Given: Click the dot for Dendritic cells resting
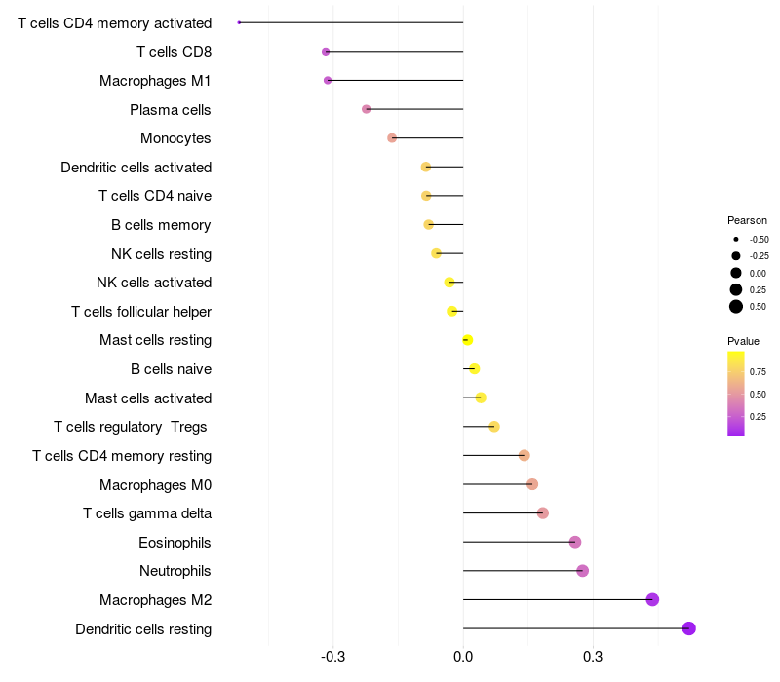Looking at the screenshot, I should point(689,628).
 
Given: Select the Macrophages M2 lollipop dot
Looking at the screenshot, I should point(652,599).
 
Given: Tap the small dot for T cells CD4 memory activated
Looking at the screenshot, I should point(239,22).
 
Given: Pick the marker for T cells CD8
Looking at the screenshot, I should point(326,52).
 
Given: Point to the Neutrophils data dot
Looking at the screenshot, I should point(582,571).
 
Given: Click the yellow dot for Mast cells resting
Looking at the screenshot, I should point(467,340).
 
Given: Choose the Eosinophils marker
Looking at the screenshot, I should point(575,542).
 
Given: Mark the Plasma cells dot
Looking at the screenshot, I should point(367,109).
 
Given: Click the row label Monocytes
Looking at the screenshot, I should point(175,138).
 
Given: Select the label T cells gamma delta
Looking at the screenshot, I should point(147,513).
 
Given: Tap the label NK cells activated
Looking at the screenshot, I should point(154,283).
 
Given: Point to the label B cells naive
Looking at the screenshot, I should point(171,369).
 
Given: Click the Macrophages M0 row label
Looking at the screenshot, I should point(155,484).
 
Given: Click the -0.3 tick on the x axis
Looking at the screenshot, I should point(333,656).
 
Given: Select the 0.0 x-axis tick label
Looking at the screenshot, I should point(463,656).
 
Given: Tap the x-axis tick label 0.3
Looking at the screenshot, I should point(593,656).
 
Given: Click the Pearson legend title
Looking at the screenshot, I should point(747,220).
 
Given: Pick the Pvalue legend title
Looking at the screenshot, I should point(743,341).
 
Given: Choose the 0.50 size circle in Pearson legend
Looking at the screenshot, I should point(736,307).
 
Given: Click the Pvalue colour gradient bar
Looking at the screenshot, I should point(735,393).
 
